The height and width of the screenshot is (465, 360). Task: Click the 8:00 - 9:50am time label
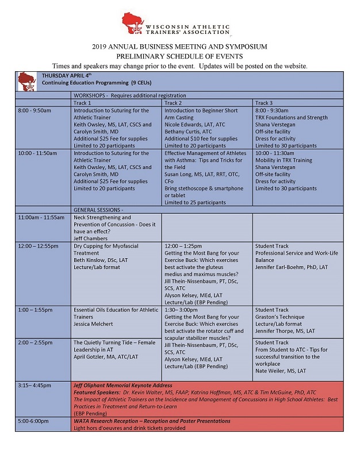[x=35, y=110]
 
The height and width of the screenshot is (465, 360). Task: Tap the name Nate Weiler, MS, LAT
[x=281, y=371]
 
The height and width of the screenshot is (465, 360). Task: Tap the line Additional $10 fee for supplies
[x=201, y=139]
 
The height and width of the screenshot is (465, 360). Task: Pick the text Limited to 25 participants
[x=198, y=202]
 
